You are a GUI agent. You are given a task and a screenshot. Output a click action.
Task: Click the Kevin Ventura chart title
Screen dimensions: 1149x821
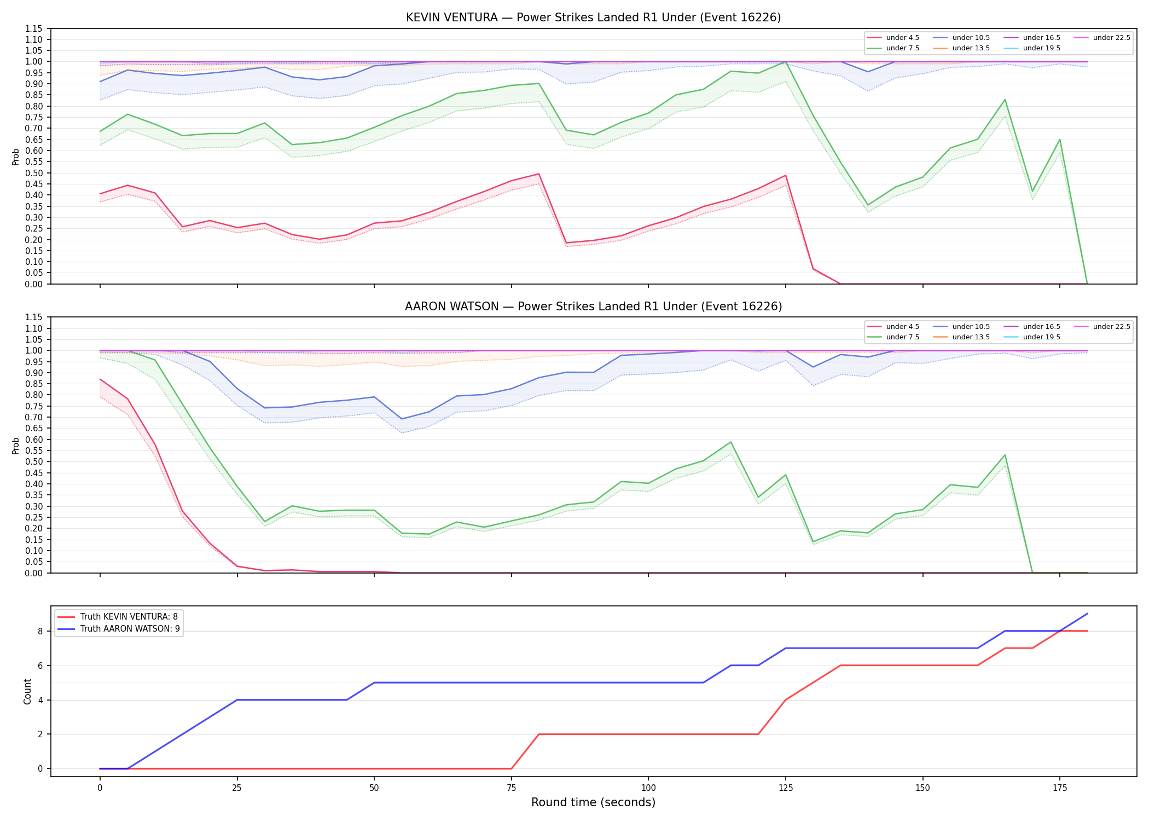point(593,18)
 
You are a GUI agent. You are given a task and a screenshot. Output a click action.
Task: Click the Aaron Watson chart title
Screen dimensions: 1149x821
point(593,307)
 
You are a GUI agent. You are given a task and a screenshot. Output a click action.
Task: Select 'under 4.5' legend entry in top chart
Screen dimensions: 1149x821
point(893,38)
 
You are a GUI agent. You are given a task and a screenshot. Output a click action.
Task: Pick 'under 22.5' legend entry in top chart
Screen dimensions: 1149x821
point(1102,38)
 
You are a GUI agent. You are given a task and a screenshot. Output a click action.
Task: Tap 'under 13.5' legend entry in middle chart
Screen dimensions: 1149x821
point(961,337)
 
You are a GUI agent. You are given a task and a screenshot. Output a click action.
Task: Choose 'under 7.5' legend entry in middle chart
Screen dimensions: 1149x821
point(893,337)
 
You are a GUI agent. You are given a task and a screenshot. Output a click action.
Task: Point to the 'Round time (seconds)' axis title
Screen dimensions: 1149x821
point(593,802)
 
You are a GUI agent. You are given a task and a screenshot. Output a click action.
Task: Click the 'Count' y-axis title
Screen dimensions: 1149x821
point(27,691)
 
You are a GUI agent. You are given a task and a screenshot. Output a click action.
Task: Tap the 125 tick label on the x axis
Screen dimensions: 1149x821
point(785,788)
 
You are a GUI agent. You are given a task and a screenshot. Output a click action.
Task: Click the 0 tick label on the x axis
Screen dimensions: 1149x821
point(100,788)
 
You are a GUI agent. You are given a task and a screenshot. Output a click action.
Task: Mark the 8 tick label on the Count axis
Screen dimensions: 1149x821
point(40,631)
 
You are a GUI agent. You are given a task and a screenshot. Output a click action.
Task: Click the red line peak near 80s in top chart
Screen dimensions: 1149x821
point(539,174)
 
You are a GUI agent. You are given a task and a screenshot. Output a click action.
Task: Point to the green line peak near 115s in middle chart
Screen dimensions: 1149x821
point(730,442)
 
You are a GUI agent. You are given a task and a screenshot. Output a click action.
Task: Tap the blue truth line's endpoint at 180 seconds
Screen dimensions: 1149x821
point(1087,614)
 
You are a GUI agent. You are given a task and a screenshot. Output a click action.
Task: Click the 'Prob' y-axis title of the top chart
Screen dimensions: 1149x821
point(16,157)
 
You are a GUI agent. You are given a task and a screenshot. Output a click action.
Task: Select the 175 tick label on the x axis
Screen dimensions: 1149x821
point(1060,788)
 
